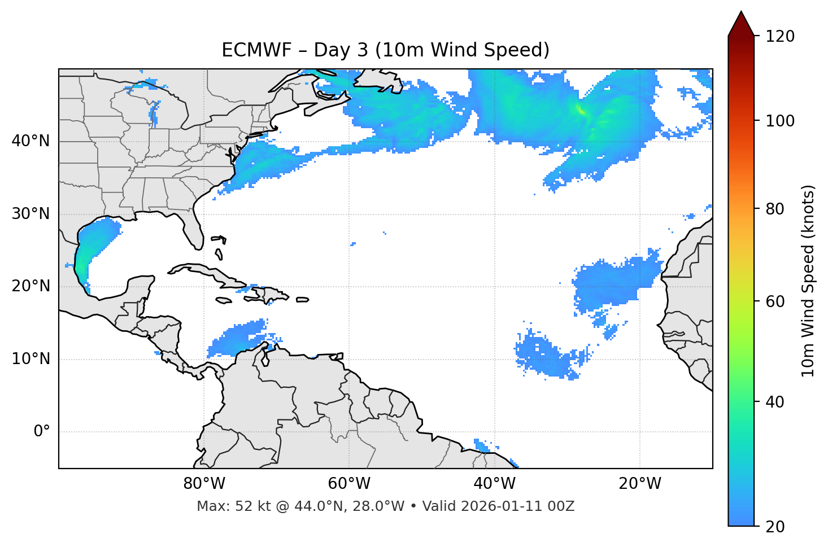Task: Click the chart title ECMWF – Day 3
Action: (x=385, y=50)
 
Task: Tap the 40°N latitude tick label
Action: (x=30, y=141)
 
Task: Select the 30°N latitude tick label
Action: (x=30, y=214)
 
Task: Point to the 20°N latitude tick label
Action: (x=30, y=286)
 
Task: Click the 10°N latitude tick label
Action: (x=30, y=359)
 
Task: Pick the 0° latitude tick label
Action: (x=42, y=432)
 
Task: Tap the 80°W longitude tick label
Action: (x=204, y=484)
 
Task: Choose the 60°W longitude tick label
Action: (x=349, y=484)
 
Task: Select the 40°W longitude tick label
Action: (x=494, y=484)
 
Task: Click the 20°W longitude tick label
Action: (x=640, y=484)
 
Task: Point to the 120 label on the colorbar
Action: (x=780, y=37)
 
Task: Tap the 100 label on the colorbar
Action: (x=780, y=121)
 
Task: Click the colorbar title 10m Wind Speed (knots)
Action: (x=808, y=281)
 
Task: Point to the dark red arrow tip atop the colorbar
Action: (x=741, y=23)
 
